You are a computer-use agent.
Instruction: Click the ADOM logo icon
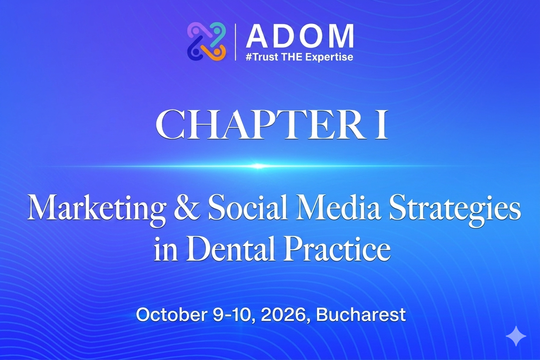point(206,41)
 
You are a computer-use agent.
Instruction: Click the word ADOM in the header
point(299,37)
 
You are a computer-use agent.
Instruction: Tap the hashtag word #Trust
point(261,57)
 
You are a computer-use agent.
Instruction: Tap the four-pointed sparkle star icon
point(516,337)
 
